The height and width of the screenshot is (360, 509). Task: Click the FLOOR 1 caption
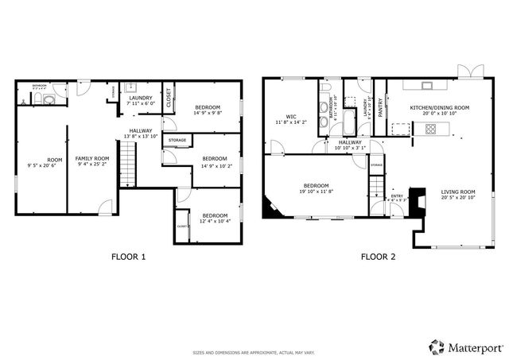pyautogui.click(x=128, y=257)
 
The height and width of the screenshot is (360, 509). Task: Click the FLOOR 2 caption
pyautogui.click(x=379, y=257)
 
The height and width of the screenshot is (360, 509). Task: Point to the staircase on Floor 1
pyautogui.click(x=133, y=168)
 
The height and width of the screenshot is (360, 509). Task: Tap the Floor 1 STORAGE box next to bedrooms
pyautogui.click(x=177, y=141)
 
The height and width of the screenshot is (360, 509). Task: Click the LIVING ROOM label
pyautogui.click(x=458, y=192)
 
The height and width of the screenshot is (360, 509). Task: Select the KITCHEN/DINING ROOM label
pyautogui.click(x=439, y=107)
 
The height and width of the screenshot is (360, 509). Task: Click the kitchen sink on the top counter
pyautogui.click(x=427, y=84)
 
